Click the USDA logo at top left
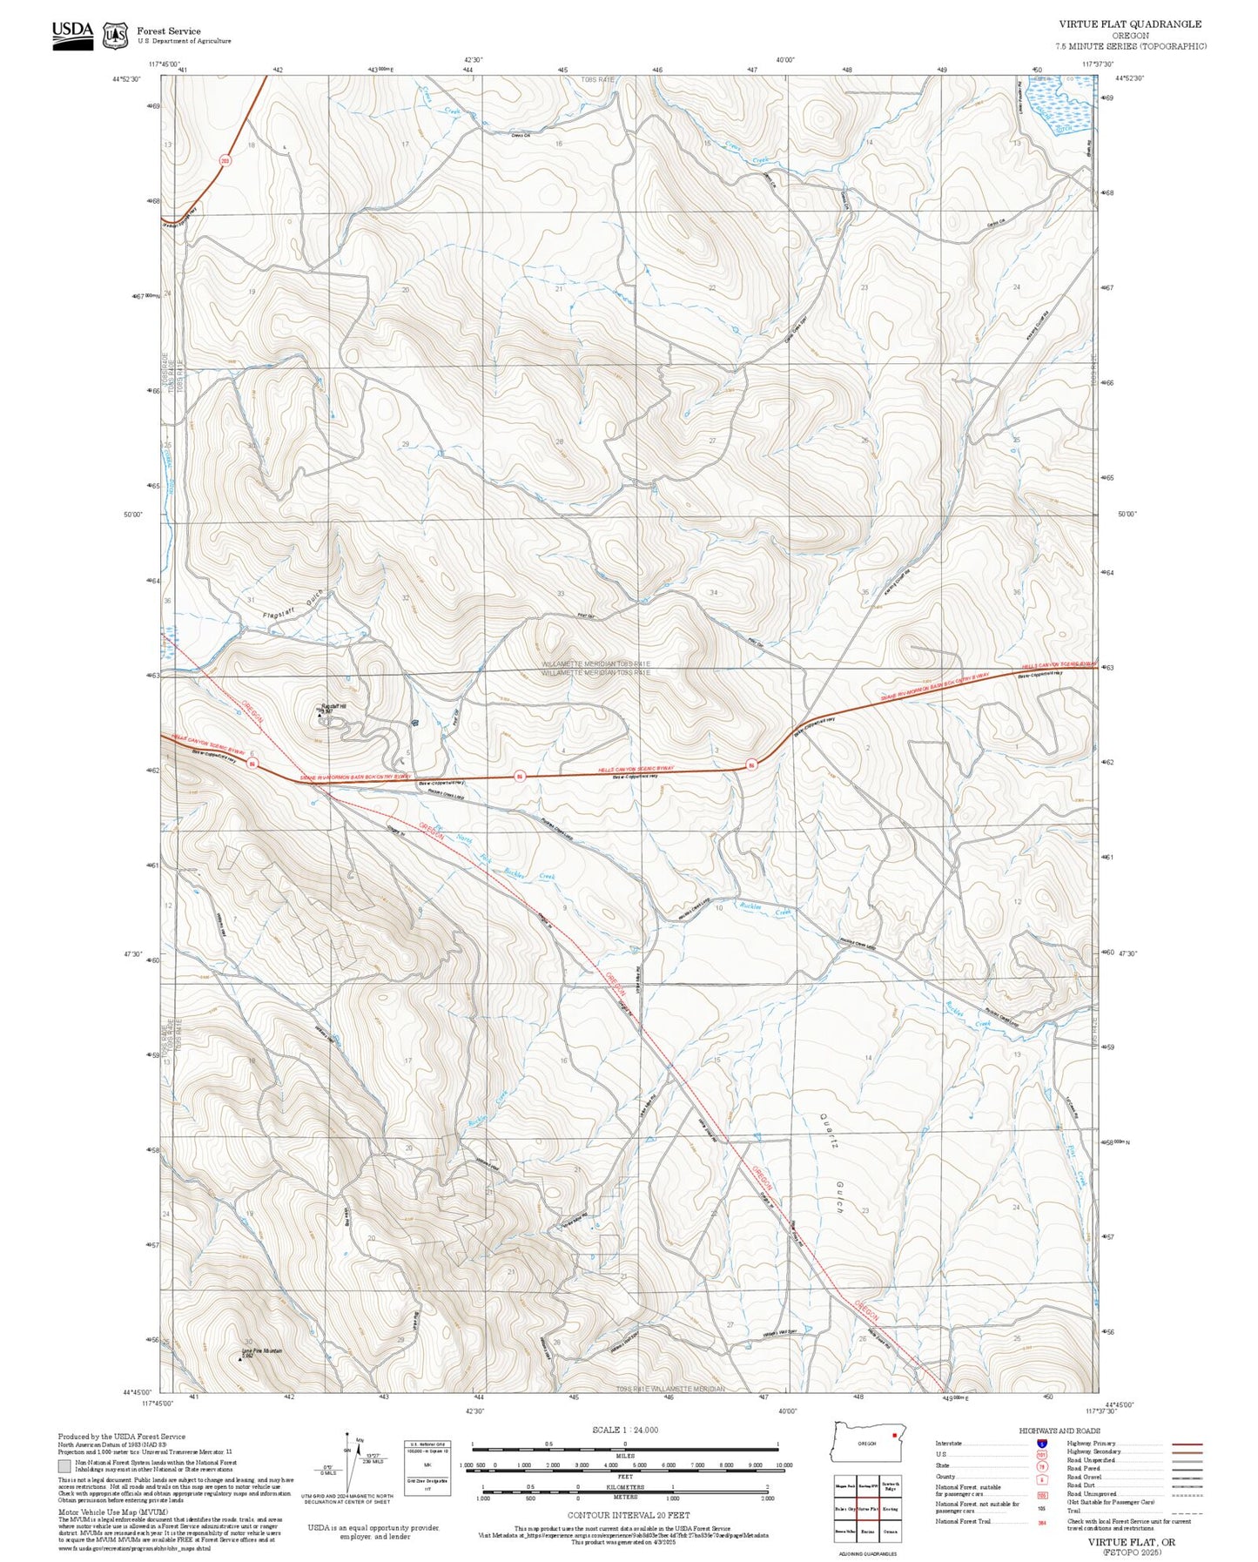[x=72, y=34]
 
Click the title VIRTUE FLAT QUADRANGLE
[x=1130, y=24]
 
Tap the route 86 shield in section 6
[x=252, y=764]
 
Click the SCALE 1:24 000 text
[x=624, y=1430]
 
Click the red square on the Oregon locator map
[x=894, y=1436]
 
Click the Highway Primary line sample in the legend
[x=1187, y=1444]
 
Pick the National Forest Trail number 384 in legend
[x=1041, y=1522]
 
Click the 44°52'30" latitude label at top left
[x=128, y=78]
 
